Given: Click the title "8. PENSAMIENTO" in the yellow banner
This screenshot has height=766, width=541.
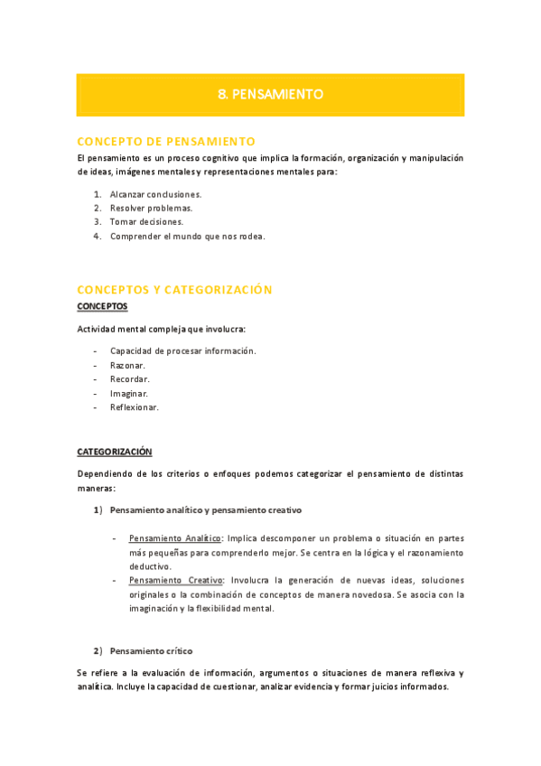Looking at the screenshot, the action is click(270, 94).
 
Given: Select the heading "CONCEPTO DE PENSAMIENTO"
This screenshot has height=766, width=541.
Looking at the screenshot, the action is click(166, 141).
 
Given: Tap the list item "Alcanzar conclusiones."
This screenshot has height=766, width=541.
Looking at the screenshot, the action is click(155, 194).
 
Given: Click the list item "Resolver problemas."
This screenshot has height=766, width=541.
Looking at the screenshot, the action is click(151, 208).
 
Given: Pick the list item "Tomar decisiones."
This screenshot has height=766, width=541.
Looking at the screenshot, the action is click(146, 222).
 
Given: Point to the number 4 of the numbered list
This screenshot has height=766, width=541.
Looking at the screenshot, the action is click(97, 237).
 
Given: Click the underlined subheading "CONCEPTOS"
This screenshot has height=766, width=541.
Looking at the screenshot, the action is click(102, 306).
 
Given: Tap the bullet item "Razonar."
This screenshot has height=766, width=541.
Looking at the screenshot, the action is click(127, 365).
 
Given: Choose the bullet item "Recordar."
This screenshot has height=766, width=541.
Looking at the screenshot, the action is click(129, 379).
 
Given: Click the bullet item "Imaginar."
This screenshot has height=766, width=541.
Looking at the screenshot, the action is click(129, 394).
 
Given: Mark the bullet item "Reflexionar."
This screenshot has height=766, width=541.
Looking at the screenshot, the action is click(135, 407).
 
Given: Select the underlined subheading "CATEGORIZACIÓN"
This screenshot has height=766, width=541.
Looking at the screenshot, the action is click(115, 452).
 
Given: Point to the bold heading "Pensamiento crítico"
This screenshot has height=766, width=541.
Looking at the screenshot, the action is click(151, 651).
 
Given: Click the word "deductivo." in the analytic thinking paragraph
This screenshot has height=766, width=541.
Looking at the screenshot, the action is click(150, 566).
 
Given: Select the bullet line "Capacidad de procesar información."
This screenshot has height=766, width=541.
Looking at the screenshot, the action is click(182, 350).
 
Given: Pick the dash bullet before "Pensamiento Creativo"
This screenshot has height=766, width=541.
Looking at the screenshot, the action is click(114, 580).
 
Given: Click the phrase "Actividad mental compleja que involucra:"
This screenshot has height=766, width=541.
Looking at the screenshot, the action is click(161, 329).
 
